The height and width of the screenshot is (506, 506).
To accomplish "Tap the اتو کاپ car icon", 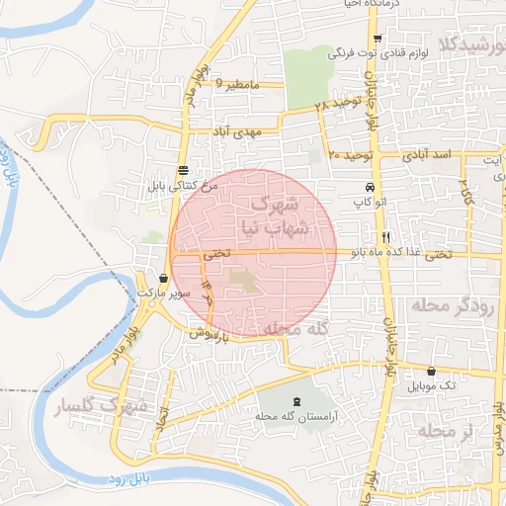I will click(x=370, y=188).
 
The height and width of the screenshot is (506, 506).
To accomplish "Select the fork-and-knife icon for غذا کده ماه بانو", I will click(x=385, y=237).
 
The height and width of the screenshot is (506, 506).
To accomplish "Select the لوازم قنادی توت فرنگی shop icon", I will click(x=378, y=39).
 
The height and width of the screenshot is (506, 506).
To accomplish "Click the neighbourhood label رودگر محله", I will click(x=456, y=305).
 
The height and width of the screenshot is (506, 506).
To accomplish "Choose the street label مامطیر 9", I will click(x=237, y=86).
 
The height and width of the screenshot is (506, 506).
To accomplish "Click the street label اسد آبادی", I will click(x=427, y=155).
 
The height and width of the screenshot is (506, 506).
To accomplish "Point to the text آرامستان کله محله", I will click(x=294, y=417).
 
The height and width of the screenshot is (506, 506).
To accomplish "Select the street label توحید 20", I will click(x=350, y=155).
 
